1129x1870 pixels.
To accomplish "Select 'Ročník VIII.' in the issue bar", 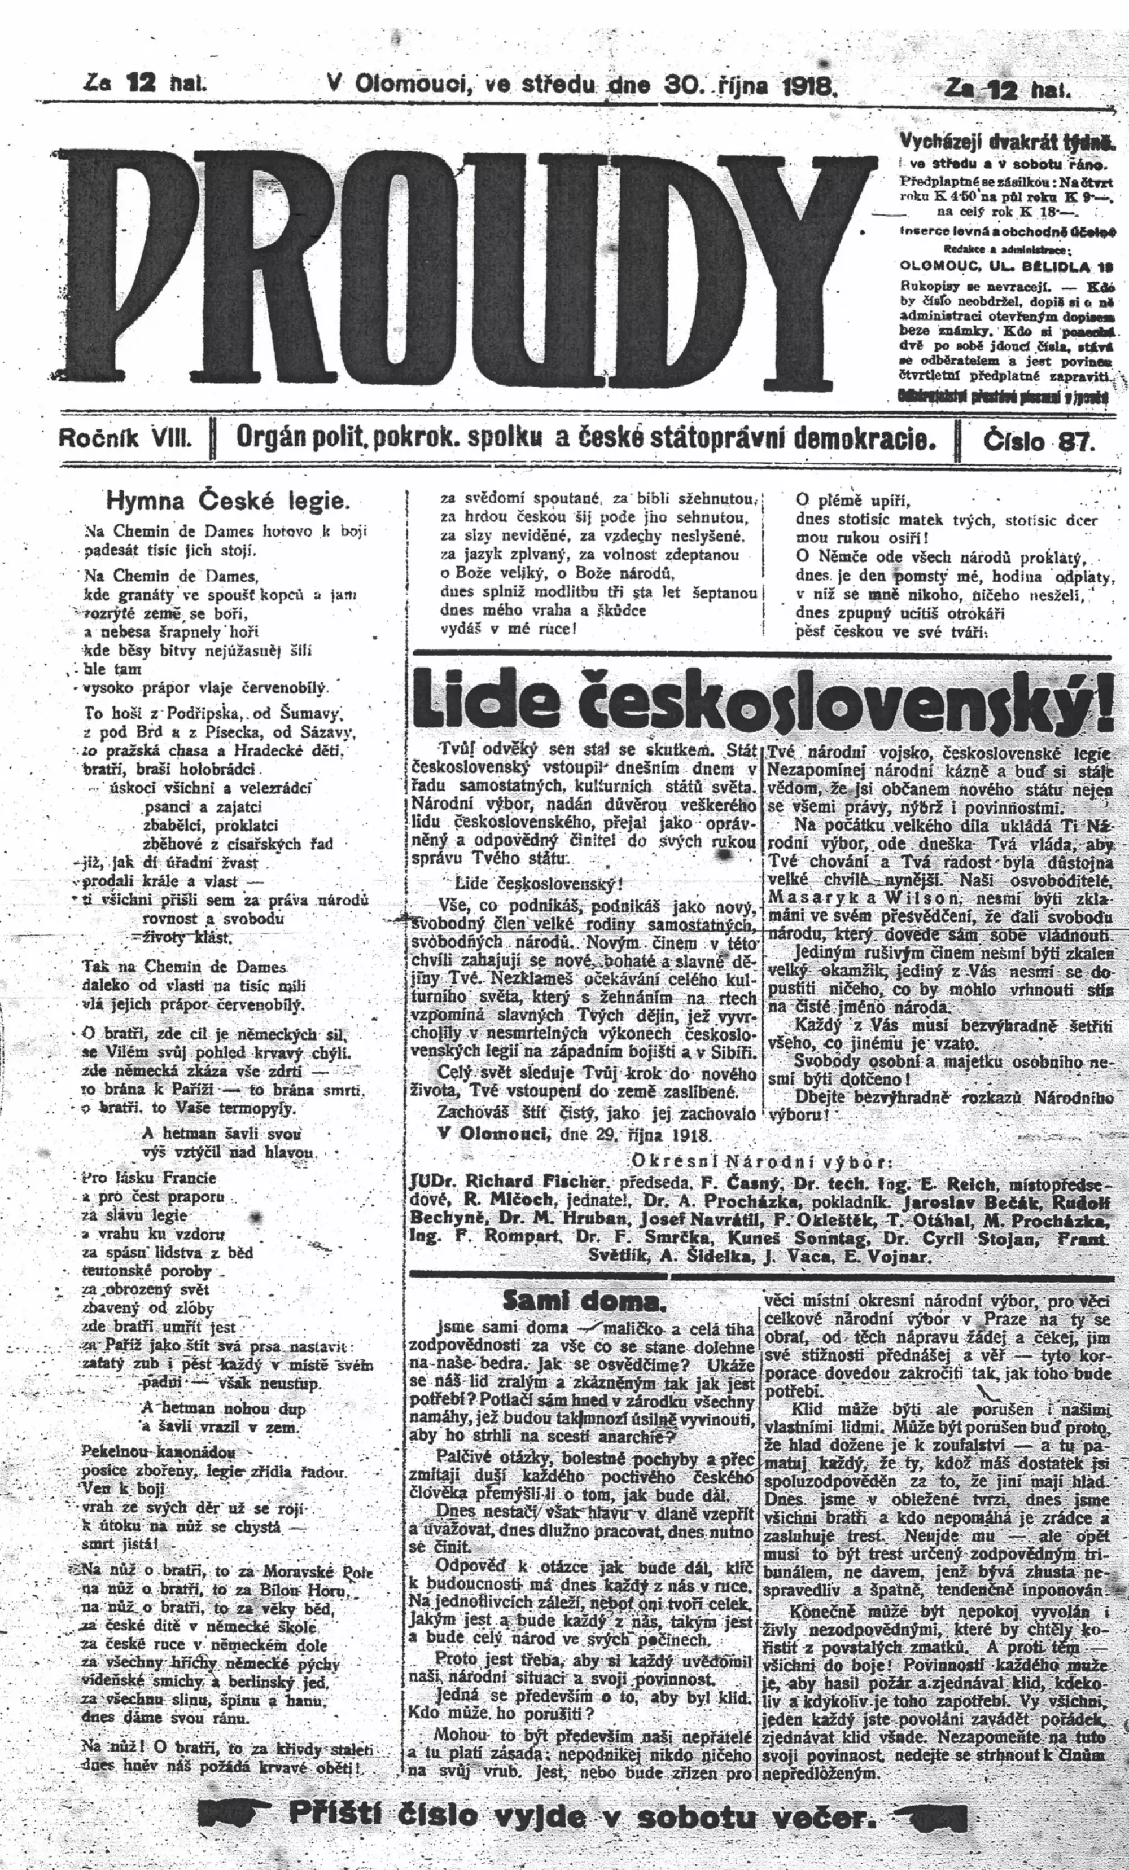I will (x=126, y=438).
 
